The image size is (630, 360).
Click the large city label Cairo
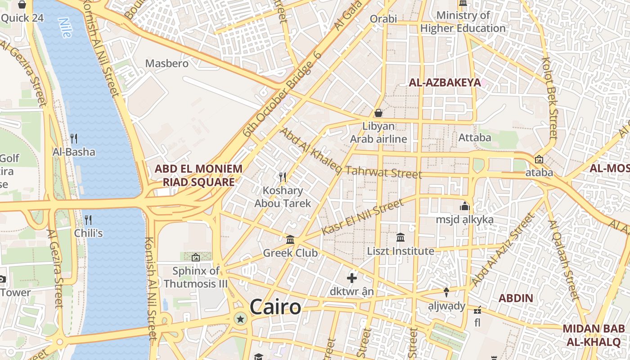click(275, 307)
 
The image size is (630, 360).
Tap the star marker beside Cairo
click(241, 319)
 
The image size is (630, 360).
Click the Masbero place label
click(166, 63)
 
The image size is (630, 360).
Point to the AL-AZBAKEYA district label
click(445, 82)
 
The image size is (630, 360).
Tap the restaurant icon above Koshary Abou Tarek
click(283, 177)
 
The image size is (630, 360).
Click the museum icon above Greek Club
click(290, 240)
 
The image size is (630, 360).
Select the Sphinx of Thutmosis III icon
click(196, 257)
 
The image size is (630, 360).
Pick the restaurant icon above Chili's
click(88, 220)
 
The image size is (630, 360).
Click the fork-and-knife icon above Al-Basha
click(74, 139)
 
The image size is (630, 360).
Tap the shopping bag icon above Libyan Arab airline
click(378, 112)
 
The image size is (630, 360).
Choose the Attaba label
click(474, 138)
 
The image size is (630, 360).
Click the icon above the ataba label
click(539, 159)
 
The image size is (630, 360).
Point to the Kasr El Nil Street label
click(363, 218)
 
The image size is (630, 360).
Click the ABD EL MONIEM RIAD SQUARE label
click(198, 175)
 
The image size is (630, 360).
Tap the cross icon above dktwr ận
click(352, 278)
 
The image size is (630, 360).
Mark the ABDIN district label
click(516, 298)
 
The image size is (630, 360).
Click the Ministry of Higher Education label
click(463, 22)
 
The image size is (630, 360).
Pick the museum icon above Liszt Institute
click(400, 237)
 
